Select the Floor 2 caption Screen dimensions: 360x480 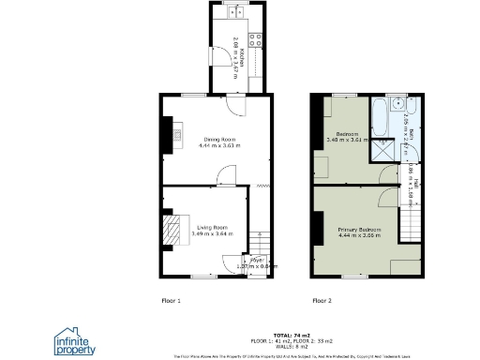322,300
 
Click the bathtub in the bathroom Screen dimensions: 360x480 378,117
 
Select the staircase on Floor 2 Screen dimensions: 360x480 409,225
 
